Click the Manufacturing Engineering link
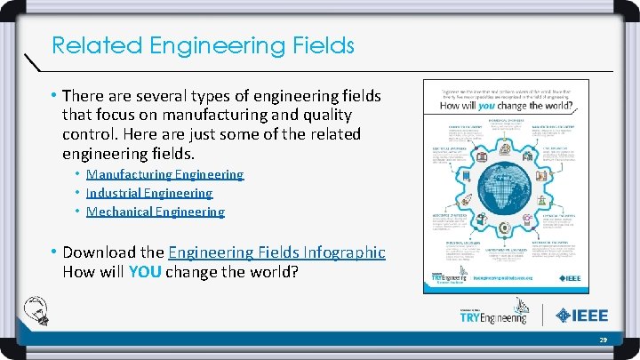[x=164, y=174]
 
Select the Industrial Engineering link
[x=149, y=193]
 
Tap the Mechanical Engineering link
[x=156, y=212]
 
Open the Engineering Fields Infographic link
[x=276, y=252]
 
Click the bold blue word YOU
[x=144, y=272]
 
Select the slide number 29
[x=603, y=340]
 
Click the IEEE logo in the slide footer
[x=584, y=315]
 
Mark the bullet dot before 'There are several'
[x=56, y=95]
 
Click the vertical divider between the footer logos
[x=543, y=315]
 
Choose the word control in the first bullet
[x=87, y=134]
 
